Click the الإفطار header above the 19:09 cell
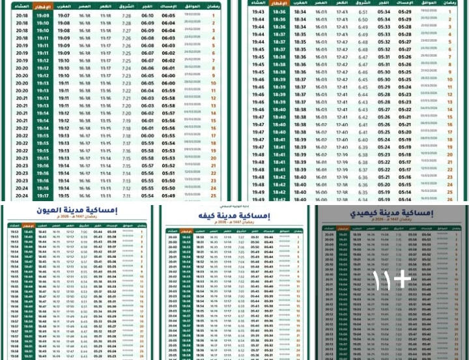(x=42, y=6)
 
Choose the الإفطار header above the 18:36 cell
(x=279, y=3)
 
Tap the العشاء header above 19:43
(x=258, y=3)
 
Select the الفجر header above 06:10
(x=148, y=6)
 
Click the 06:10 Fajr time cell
(x=148, y=15)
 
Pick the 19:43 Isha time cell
(x=258, y=12)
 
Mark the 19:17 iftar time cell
(x=42, y=195)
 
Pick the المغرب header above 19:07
(x=63, y=6)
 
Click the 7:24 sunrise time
(x=126, y=68)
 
